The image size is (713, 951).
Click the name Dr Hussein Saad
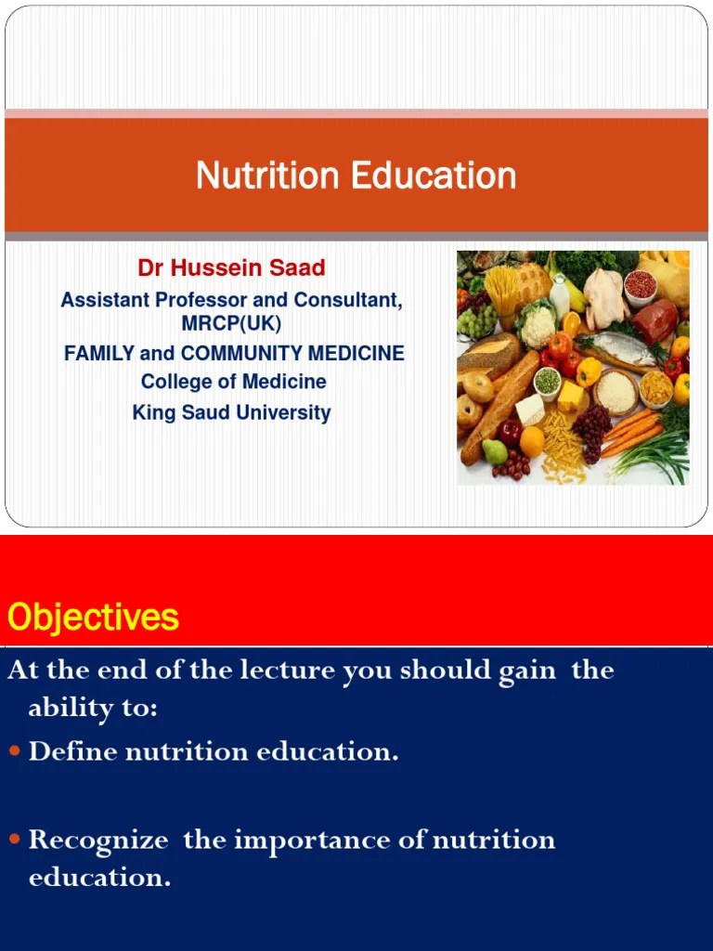pyautogui.click(x=231, y=268)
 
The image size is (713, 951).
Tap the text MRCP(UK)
pyautogui.click(x=231, y=323)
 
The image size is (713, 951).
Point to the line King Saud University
pyautogui.click(x=231, y=411)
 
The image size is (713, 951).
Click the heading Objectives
pyautogui.click(x=93, y=617)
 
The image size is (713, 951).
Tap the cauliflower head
pyautogui.click(x=538, y=327)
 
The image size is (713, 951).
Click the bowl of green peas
pyautogui.click(x=549, y=382)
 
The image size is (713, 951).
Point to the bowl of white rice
pyautogui.click(x=616, y=393)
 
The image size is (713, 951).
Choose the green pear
pyautogui.click(x=496, y=451)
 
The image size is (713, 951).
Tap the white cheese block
pyautogui.click(x=529, y=409)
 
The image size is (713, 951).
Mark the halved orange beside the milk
pyautogui.click(x=572, y=323)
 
